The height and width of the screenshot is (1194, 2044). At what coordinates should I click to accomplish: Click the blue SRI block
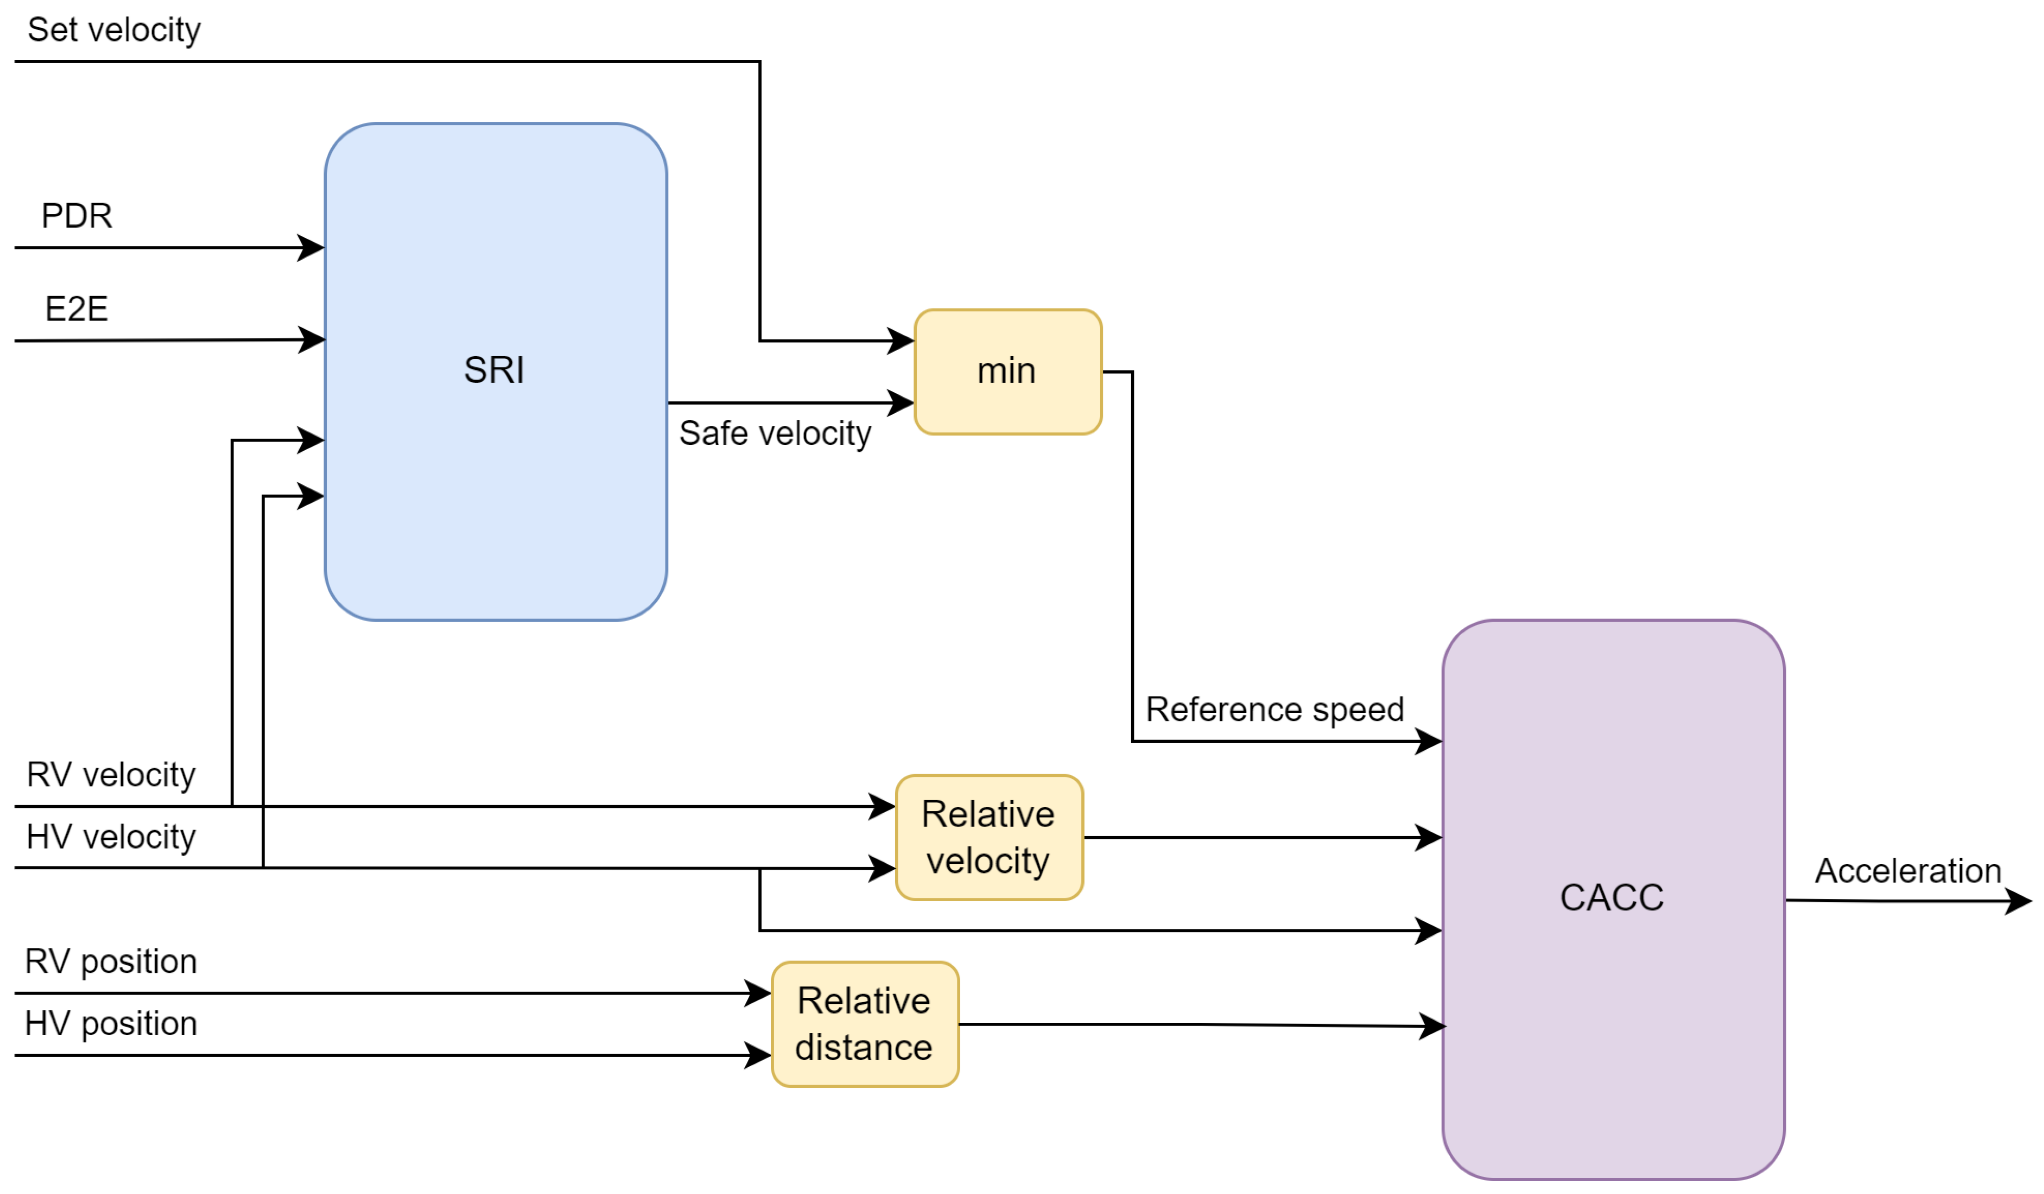point(495,372)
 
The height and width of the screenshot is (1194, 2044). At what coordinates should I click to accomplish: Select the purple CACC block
point(1612,899)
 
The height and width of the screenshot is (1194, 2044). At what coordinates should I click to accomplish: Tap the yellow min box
point(1007,372)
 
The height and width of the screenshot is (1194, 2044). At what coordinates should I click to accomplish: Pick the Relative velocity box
point(989,837)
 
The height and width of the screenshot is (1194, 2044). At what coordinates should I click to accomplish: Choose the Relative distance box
point(865,1024)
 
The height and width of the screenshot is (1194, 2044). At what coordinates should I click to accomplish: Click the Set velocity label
point(113,30)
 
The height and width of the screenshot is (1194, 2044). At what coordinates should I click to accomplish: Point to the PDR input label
point(76,216)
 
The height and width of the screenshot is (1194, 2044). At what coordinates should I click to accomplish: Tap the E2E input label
point(76,309)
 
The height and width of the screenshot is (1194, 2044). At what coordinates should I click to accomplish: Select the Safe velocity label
point(775,433)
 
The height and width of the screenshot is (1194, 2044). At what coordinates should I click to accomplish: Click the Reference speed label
point(1274,710)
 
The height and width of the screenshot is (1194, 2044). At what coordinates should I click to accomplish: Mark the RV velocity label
point(111,774)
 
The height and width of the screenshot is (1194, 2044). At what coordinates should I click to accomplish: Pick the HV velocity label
point(111,837)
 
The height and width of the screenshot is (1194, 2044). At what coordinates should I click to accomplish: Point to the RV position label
point(111,962)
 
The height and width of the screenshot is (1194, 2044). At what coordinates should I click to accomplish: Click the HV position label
point(111,1024)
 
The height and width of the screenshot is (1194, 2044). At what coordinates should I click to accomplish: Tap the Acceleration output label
point(1908,871)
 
